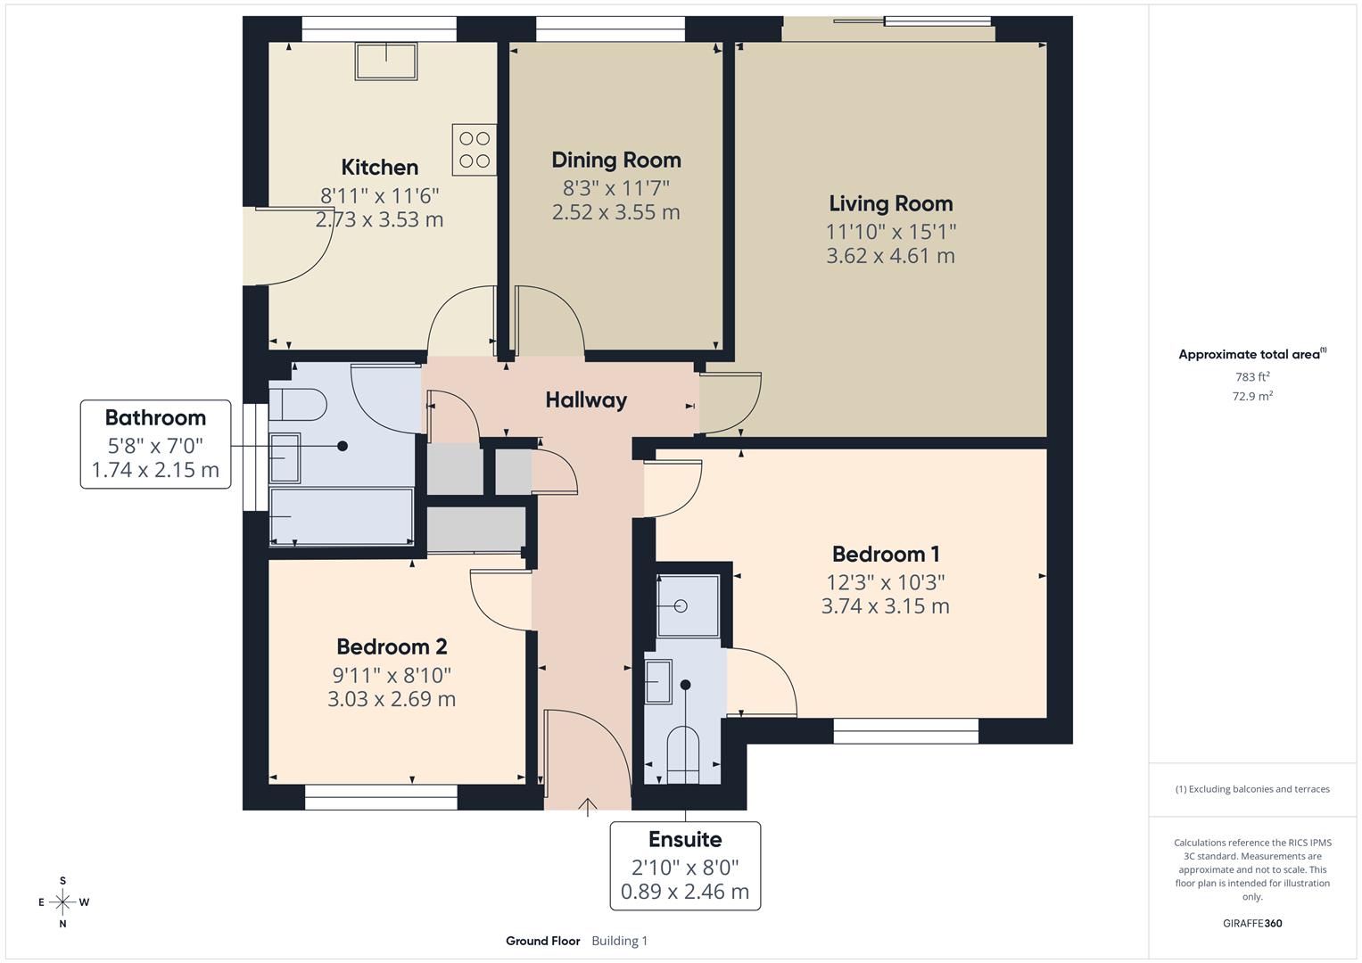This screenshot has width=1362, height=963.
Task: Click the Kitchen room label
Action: tap(379, 167)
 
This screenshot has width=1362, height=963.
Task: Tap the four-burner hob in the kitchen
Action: tap(474, 149)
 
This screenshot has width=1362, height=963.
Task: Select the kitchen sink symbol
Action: tap(386, 61)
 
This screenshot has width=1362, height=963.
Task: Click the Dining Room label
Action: tap(615, 160)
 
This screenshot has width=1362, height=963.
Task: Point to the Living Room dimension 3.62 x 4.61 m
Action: tap(890, 256)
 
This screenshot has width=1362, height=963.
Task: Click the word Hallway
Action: tap(586, 399)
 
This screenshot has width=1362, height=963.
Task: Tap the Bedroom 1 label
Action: tap(886, 554)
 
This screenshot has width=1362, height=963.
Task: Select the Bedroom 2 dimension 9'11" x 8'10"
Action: tap(392, 675)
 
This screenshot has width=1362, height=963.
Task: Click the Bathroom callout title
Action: tap(155, 417)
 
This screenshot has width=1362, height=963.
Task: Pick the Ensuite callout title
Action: tap(684, 839)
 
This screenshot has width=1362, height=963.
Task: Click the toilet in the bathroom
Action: tap(298, 404)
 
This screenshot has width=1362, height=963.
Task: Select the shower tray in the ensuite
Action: tap(688, 606)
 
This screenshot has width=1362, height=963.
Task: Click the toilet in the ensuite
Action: tap(683, 754)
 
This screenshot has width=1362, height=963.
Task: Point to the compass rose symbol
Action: tap(62, 901)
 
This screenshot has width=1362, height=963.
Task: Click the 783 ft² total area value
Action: tap(1251, 377)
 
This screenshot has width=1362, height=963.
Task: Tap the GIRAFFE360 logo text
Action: tap(1251, 923)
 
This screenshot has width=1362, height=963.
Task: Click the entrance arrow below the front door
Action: tap(588, 807)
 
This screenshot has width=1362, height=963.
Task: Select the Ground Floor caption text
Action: tap(542, 941)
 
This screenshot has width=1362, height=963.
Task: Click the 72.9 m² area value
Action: tap(1251, 396)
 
